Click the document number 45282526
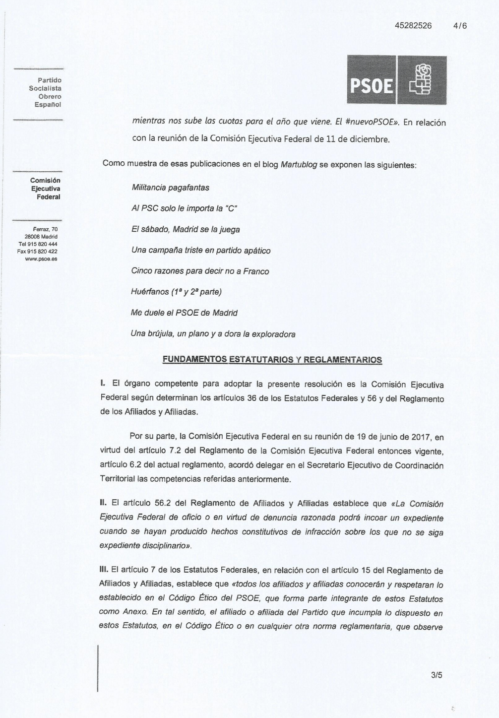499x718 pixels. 413,26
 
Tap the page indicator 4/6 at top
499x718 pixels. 460,26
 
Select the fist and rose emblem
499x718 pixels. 422,80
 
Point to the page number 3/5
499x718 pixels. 437,675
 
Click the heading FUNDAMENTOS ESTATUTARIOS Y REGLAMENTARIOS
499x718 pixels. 272,360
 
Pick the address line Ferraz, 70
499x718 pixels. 45,229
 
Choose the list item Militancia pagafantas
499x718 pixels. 170,188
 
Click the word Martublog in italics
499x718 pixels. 299,165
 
